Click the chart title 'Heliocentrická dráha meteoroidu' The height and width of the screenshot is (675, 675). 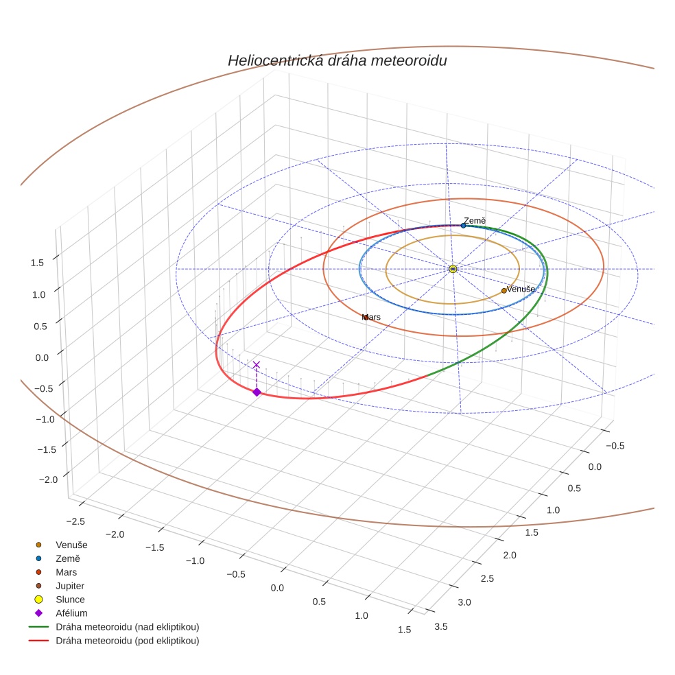tap(337, 61)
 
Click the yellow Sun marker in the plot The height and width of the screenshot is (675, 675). tap(453, 269)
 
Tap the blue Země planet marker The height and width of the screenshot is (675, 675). tap(463, 226)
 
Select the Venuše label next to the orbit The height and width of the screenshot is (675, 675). tap(521, 289)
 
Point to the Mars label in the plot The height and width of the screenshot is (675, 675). tap(371, 318)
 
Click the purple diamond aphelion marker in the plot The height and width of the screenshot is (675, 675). tap(257, 392)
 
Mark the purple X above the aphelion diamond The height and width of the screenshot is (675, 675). tap(257, 365)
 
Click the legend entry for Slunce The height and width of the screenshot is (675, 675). tap(70, 600)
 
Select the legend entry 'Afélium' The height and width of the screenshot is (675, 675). tap(71, 613)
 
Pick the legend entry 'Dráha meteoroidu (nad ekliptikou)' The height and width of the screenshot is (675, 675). tap(127, 627)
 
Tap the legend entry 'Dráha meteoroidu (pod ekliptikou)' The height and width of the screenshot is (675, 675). tap(127, 641)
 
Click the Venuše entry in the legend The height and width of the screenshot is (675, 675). tap(71, 545)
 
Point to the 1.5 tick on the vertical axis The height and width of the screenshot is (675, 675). tap(37, 263)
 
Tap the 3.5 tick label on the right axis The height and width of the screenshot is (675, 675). tap(441, 626)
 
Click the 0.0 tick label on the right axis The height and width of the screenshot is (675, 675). tap(594, 467)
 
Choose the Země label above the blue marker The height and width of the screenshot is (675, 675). tap(475, 221)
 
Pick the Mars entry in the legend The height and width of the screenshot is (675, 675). tap(66, 572)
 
